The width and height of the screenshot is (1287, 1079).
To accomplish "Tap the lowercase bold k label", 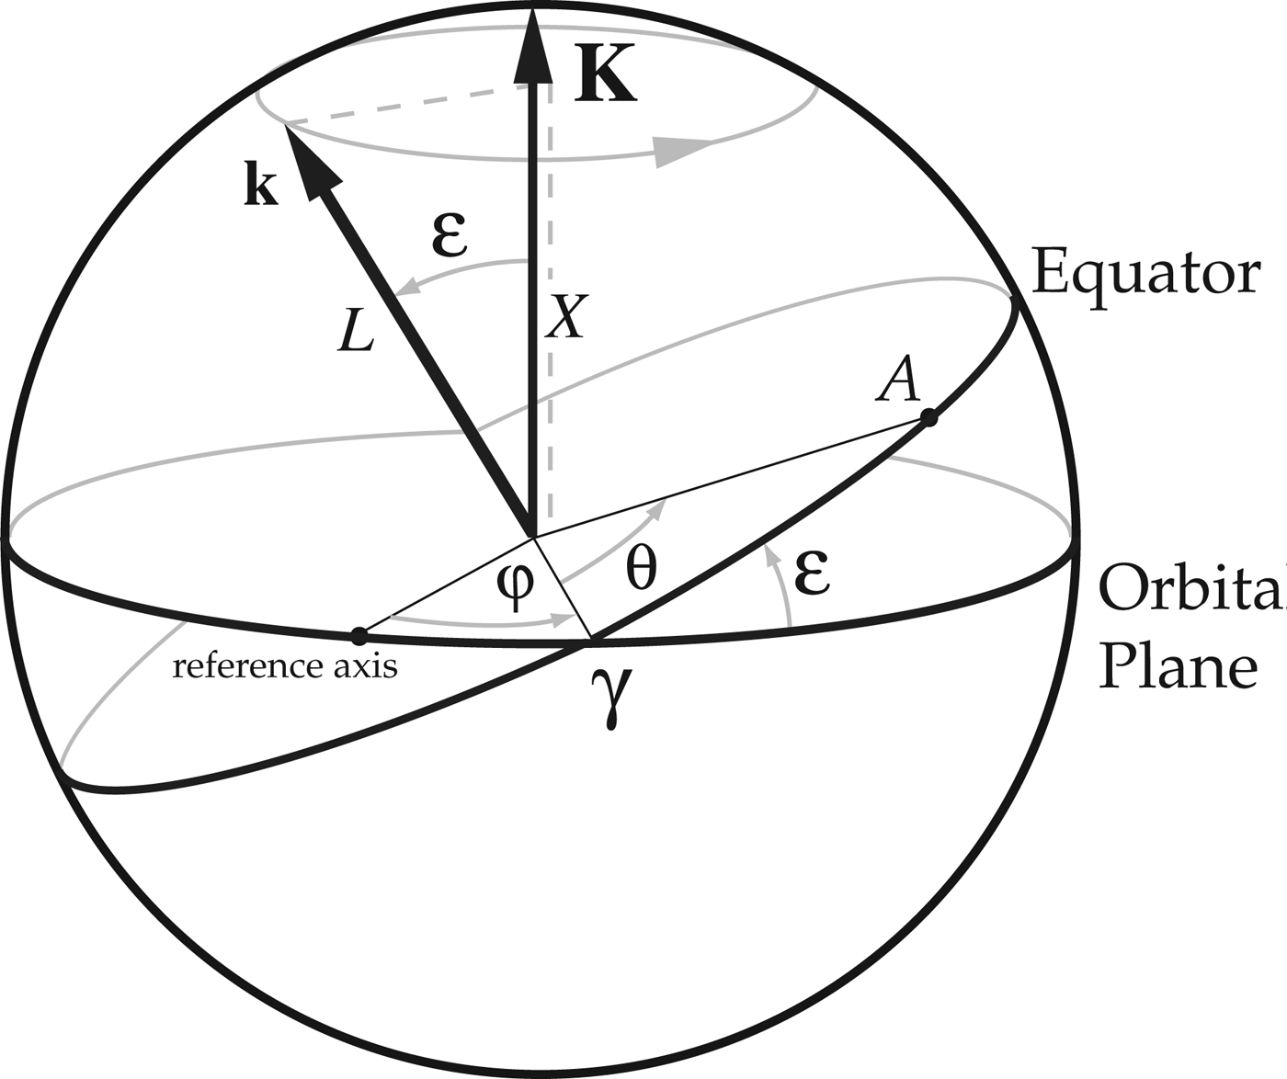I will (x=261, y=187).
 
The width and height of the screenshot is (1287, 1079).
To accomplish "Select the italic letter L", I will (x=356, y=330).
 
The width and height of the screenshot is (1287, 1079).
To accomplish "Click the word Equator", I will (x=1145, y=273).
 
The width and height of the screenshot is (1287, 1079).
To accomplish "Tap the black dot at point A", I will (x=928, y=419).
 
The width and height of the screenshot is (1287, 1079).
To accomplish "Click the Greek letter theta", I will (x=641, y=569).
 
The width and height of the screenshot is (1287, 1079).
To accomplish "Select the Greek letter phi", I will (x=514, y=584).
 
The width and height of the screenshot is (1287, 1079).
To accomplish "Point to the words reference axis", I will (x=285, y=665).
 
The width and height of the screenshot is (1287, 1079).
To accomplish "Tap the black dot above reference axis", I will (x=359, y=635).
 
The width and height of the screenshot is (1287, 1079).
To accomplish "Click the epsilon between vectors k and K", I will (x=450, y=235).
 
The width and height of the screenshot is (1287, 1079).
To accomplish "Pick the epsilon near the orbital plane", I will (x=813, y=574).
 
